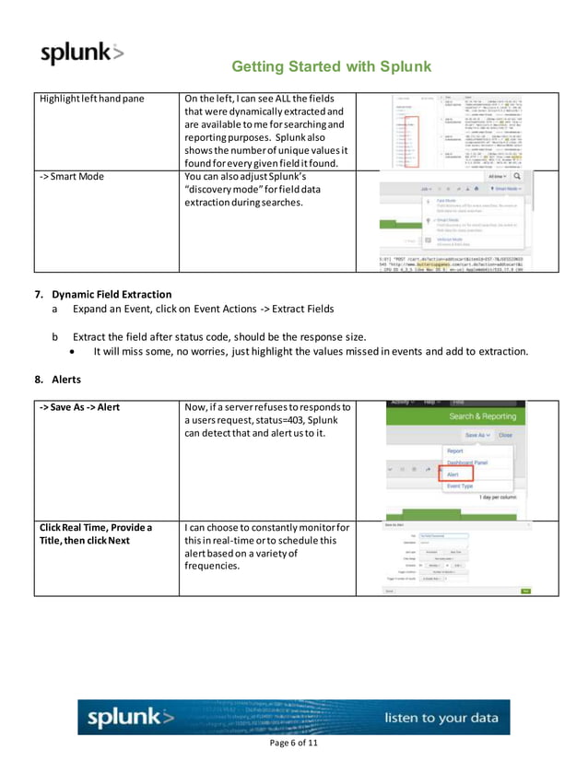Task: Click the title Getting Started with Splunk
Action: pos(331,66)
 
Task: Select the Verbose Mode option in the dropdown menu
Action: pos(452,240)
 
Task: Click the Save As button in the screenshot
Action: pos(476,435)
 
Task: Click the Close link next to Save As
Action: pos(505,435)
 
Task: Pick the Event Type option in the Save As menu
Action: pos(461,486)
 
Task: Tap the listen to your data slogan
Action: pos(441,717)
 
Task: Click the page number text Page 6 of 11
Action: pos(293,743)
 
